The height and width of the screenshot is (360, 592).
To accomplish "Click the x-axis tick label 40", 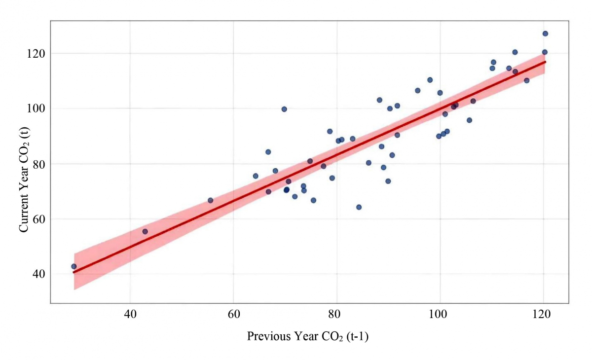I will pyautogui.click(x=130, y=314).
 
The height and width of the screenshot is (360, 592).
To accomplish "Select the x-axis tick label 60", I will pyautogui.click(x=233, y=314).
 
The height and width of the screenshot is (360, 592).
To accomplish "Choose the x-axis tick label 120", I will pyautogui.click(x=543, y=314).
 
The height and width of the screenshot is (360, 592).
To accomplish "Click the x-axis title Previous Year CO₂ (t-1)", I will pyautogui.click(x=308, y=337).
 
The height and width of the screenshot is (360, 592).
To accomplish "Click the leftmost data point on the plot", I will pyautogui.click(x=74, y=266).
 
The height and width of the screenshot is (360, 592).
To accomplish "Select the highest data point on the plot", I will pyautogui.click(x=545, y=34).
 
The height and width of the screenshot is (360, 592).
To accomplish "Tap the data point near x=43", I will pyautogui.click(x=145, y=231).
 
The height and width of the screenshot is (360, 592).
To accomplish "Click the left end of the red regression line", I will pyautogui.click(x=74, y=272).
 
